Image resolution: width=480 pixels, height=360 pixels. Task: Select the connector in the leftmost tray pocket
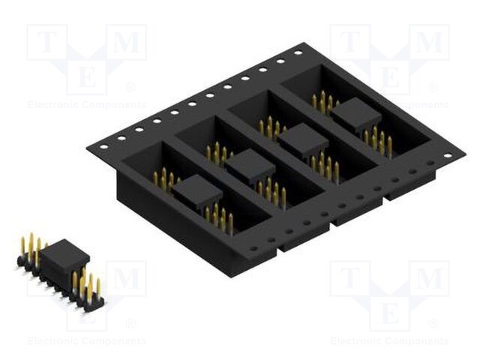(197, 192)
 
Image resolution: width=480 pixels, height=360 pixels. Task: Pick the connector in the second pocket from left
(250, 166)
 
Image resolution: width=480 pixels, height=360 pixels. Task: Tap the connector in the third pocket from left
(302, 140)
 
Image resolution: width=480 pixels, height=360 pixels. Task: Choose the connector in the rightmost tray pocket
(355, 115)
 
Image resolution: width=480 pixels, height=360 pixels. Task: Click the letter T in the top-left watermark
(47, 43)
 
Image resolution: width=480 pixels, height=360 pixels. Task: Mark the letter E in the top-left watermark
(86, 78)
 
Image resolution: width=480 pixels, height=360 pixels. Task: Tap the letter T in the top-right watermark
(350, 43)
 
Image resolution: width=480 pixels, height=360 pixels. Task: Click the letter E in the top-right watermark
(389, 78)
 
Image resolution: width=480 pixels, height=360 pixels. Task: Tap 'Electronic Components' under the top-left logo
(86, 105)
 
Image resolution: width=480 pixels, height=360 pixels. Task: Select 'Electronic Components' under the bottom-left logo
(86, 341)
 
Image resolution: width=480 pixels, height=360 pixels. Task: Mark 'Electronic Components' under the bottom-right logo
(389, 341)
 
